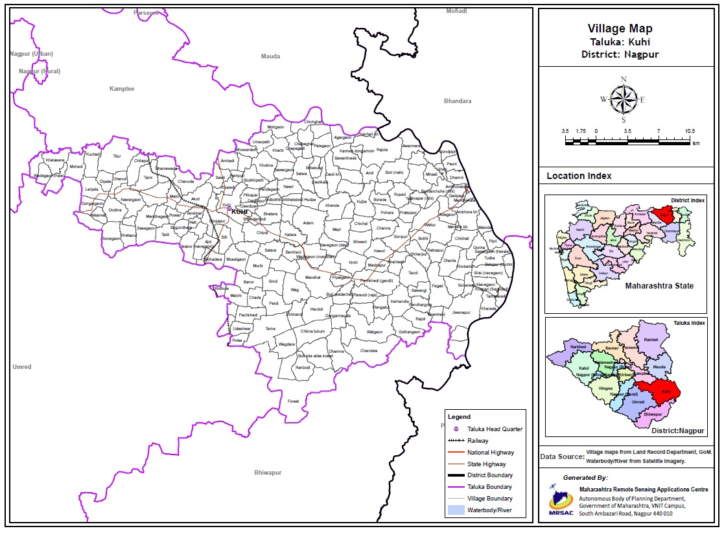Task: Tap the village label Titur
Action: (x=117, y=156)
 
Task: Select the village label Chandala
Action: (x=369, y=351)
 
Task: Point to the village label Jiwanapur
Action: (x=461, y=313)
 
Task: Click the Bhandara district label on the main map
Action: (x=458, y=101)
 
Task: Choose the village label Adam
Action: (x=309, y=223)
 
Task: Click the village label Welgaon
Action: (x=375, y=331)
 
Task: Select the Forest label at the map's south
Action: (x=294, y=401)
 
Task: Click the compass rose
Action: (x=624, y=100)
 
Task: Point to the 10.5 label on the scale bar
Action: (x=689, y=131)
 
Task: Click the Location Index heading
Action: (x=579, y=176)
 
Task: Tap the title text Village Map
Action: (x=620, y=29)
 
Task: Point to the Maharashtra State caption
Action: (x=659, y=286)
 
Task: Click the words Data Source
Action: (x=561, y=457)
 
